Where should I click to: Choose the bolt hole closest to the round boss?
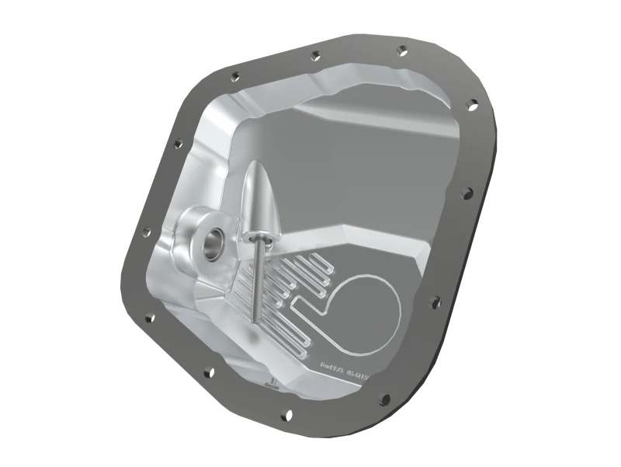(146, 230)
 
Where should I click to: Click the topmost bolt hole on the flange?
(402, 51)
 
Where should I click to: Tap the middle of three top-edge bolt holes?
(314, 56)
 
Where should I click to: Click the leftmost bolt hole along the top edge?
(235, 75)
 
